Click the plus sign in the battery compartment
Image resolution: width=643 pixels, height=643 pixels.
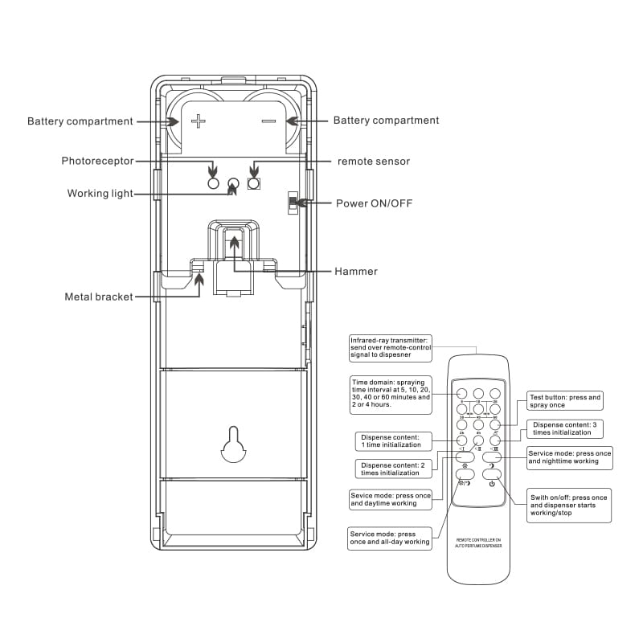click(199, 121)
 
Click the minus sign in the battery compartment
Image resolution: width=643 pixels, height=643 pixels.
click(268, 121)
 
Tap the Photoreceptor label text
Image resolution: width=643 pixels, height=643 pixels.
click(97, 161)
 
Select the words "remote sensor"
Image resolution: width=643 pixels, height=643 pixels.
click(373, 162)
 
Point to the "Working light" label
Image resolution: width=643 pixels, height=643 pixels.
click(100, 194)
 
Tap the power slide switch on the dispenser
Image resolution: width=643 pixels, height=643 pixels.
click(293, 203)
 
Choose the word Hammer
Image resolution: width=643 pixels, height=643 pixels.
click(355, 271)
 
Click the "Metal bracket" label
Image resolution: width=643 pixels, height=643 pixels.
click(98, 297)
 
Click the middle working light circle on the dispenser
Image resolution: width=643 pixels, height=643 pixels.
click(233, 183)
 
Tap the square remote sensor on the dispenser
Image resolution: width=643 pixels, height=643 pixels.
click(253, 183)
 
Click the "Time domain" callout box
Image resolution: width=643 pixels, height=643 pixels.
click(391, 393)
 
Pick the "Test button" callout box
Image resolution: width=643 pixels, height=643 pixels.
click(564, 400)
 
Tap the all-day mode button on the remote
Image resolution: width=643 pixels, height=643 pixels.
click(465, 482)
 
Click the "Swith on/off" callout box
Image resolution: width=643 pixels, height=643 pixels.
click(568, 505)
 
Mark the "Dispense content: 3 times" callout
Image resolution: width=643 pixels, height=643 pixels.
click(564, 428)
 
